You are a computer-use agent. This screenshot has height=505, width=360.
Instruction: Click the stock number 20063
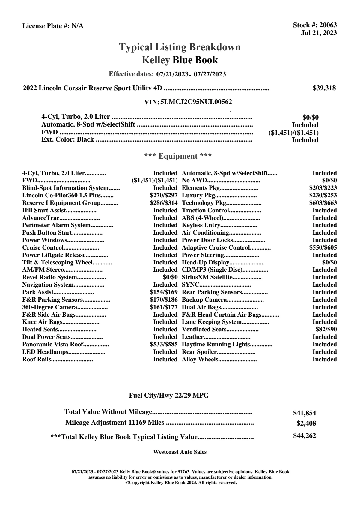coord(328,25)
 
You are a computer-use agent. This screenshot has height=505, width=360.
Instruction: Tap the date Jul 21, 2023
coord(319,33)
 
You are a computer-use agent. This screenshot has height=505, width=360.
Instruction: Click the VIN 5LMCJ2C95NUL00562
coord(196,102)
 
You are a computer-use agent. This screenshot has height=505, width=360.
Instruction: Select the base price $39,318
coord(324,88)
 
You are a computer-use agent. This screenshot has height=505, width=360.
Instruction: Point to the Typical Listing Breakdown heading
coord(180,47)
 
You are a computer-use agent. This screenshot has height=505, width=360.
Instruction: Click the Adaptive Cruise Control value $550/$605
coord(323,247)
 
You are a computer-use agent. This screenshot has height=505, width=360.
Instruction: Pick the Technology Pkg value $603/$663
coord(323,203)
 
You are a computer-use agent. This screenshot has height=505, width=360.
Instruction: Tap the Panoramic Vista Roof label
coord(52,344)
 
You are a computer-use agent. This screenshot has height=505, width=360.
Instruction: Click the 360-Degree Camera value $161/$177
coord(164,307)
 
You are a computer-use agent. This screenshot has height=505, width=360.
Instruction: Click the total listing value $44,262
coord(304,436)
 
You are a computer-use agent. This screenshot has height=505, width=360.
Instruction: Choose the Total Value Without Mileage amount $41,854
coord(304,413)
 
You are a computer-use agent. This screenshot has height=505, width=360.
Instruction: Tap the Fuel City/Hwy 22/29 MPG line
coord(169,396)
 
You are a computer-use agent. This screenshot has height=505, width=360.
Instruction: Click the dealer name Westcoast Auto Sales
coord(180,452)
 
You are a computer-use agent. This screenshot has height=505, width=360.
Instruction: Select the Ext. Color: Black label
coord(68,139)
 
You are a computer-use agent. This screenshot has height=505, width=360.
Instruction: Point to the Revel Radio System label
coord(49,277)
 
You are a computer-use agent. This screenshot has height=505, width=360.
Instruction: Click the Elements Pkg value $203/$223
coord(323,188)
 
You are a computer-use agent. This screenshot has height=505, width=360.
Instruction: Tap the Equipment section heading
coord(178,156)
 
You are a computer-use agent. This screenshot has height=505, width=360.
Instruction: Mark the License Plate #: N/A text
coord(53,26)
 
